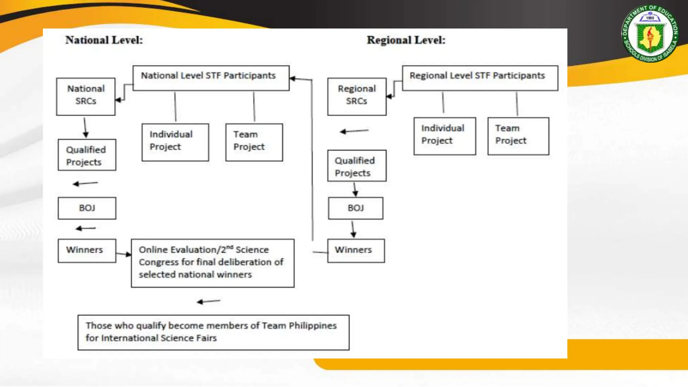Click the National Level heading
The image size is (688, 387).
104,40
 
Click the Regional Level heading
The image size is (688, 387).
406,40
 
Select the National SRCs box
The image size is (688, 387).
86,96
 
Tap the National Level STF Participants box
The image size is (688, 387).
211,78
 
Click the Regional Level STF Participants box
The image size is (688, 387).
480,78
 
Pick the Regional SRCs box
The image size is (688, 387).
357,96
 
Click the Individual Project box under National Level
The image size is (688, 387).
175,142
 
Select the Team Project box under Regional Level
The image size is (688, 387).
518,136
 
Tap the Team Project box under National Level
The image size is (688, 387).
254,142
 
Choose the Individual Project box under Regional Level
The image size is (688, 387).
444,136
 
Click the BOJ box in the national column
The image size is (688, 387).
87,208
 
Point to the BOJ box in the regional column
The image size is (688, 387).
355,208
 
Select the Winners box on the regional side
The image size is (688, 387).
356,251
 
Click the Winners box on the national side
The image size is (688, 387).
87,251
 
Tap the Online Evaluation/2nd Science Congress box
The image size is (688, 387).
212,263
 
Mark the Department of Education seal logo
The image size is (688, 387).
650,34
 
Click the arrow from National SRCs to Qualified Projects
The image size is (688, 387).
85,127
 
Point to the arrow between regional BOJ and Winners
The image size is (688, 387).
353,229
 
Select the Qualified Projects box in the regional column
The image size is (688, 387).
357,166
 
